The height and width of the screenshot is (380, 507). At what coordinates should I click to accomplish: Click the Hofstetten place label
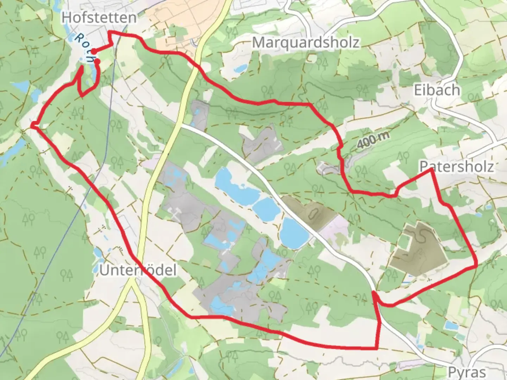point(99,18)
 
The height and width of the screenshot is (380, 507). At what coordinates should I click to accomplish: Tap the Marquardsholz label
point(306,43)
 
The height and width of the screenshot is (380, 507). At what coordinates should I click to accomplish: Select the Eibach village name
point(437,90)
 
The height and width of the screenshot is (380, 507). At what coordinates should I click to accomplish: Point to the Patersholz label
point(457,166)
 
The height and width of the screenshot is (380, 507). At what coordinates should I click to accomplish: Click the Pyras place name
point(467,372)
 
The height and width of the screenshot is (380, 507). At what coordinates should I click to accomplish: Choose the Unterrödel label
point(138,270)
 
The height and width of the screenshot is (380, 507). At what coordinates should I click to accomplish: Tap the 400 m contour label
point(373,140)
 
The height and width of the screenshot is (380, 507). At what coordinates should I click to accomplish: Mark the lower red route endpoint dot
point(98,62)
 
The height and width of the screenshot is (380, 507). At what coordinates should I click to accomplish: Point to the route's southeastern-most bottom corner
point(377,349)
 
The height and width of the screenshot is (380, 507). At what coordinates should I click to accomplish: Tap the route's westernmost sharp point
point(32,125)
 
